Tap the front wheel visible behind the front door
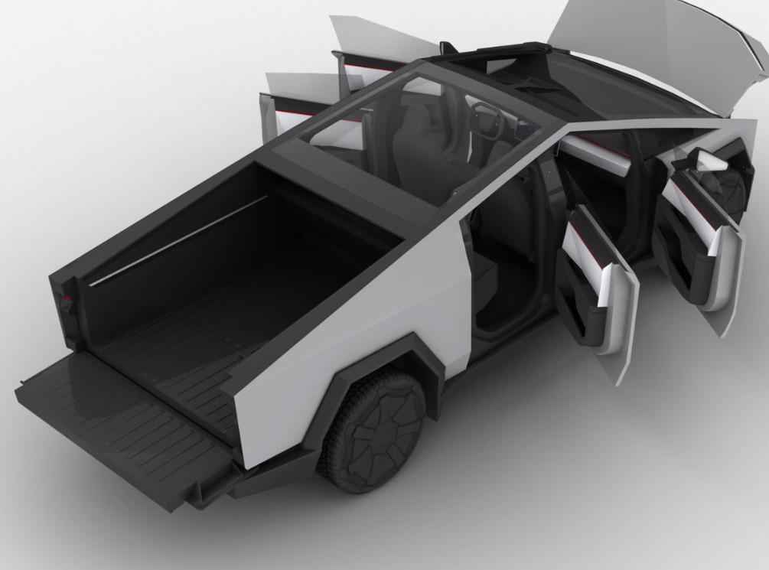[x=731, y=191]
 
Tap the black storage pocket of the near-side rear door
[x=582, y=306]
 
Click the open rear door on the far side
[x=287, y=107]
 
